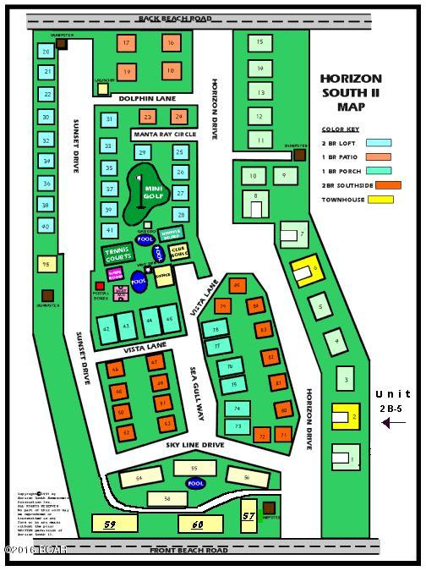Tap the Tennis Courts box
pos(116,254)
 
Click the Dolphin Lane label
pos(145,99)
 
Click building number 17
pos(126,42)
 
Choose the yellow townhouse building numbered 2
pos(342,416)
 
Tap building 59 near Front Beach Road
pos(109,525)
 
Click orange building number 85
pos(236,286)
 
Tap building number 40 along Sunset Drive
pos(46,227)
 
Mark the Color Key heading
pos(340,129)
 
